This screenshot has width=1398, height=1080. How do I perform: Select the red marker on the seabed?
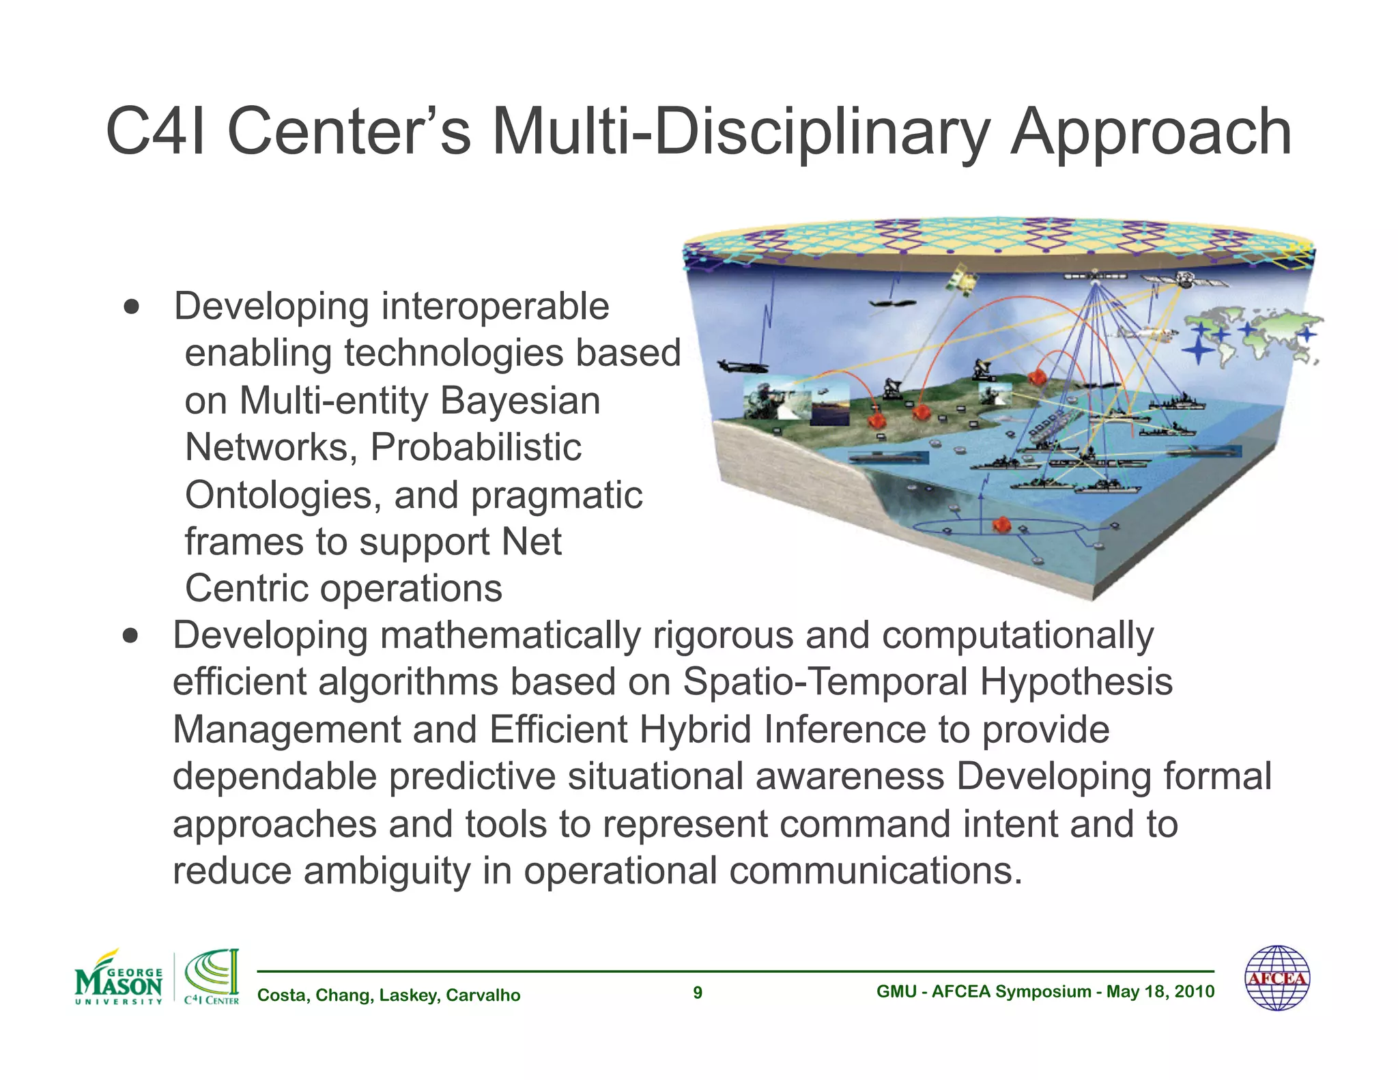click(1001, 525)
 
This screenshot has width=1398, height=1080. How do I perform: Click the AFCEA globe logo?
click(1277, 978)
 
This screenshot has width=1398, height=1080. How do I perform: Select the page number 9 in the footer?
click(698, 993)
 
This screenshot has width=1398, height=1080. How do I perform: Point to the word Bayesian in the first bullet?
click(520, 401)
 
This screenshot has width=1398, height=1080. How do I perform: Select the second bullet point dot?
click(131, 636)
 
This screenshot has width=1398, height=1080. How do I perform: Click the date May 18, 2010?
click(1160, 992)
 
